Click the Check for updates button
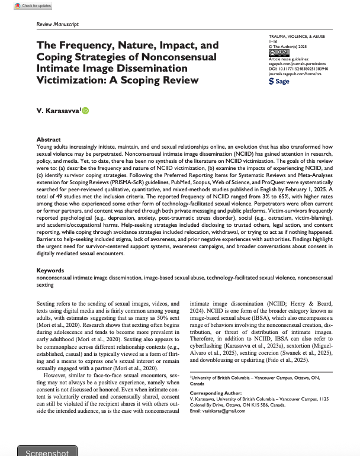tap(20, 5)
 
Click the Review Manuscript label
tap(57, 24)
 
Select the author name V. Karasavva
tap(58, 111)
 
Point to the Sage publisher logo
tap(279, 81)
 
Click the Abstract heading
tap(49, 139)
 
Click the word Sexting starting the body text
tap(46, 303)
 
